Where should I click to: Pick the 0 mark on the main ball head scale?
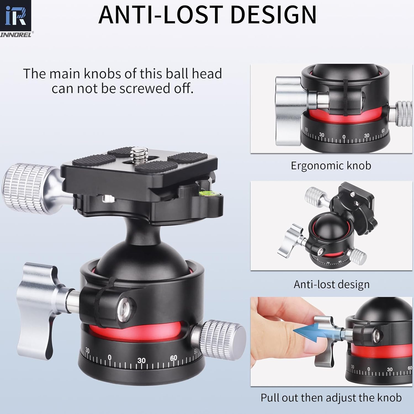click(110, 358)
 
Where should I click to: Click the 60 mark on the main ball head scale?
click(173, 358)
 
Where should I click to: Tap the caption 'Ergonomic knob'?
click(331, 166)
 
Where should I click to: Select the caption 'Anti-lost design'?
click(331, 284)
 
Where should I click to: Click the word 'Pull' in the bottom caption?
click(271, 398)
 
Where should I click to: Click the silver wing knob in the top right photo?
click(288, 110)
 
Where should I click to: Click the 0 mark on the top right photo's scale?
click(344, 137)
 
